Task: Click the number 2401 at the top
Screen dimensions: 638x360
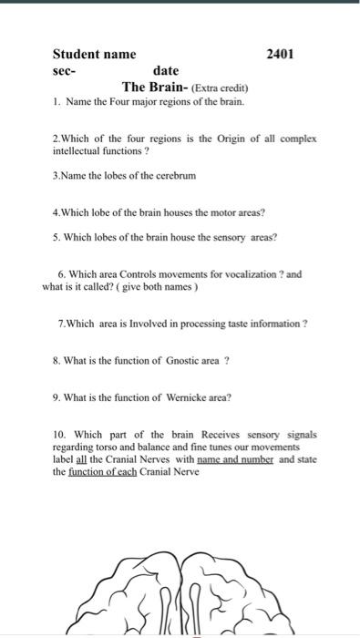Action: (280, 55)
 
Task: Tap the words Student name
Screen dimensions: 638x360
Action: (94, 55)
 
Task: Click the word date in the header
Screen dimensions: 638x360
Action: (166, 70)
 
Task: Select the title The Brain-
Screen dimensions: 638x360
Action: (155, 87)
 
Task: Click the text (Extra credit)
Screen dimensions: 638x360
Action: (214, 87)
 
